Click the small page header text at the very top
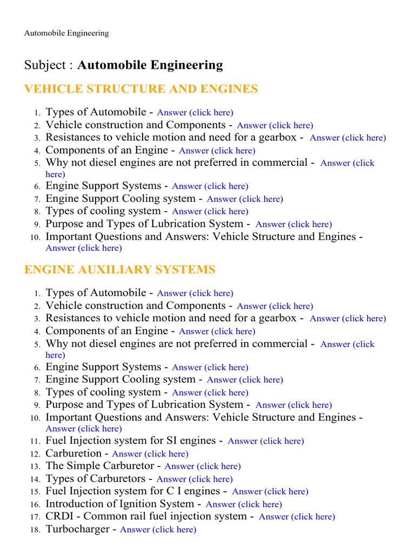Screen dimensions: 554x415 coord(66,33)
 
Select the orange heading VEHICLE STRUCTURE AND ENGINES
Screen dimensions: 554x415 coord(141,89)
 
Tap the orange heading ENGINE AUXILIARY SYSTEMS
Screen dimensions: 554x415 coord(120,269)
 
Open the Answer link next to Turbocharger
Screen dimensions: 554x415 coord(158,530)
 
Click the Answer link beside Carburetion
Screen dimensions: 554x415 coord(150,454)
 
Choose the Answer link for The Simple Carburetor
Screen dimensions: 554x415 coord(203,466)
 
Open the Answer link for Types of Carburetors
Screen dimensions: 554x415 coord(195,479)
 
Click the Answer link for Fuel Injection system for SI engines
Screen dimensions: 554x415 coord(266,441)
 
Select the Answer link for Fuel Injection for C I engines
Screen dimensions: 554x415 coord(270,492)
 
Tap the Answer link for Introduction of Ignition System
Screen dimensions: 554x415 coord(244,504)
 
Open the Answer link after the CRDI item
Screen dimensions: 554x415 coord(297,517)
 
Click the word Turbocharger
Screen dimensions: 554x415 coord(78,529)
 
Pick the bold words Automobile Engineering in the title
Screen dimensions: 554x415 coord(150,65)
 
